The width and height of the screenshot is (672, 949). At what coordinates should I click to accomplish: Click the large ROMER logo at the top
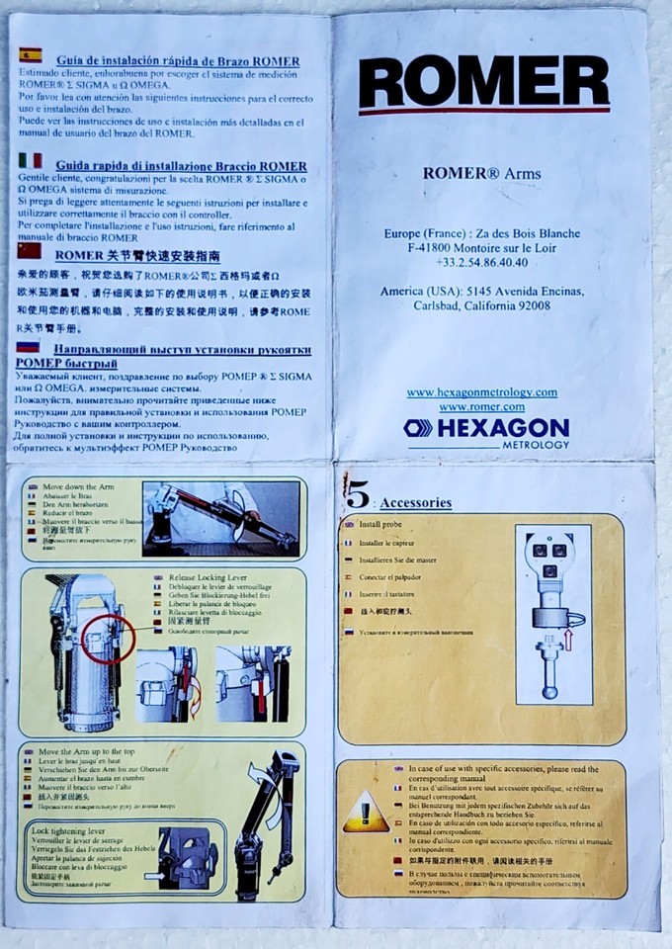tap(483, 83)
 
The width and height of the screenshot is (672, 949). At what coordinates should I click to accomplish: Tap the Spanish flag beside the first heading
tap(30, 55)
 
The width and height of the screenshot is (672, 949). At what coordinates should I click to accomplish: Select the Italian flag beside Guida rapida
tap(30, 160)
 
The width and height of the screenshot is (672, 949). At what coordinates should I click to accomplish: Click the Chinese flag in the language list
tap(30, 251)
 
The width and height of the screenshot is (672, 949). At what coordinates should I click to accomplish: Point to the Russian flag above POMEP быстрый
tap(29, 347)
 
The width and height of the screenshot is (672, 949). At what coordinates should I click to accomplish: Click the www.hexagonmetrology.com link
tap(481, 392)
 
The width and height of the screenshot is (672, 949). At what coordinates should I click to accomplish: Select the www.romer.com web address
tap(481, 406)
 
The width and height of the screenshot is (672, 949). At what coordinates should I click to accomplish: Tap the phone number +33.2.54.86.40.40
tap(481, 262)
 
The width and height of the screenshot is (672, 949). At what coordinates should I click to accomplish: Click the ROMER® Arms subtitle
tap(481, 173)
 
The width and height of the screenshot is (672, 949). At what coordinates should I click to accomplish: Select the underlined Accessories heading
tap(416, 502)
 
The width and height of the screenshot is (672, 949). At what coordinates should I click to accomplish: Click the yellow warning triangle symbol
tap(366, 813)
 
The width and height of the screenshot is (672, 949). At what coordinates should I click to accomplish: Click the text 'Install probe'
tap(380, 524)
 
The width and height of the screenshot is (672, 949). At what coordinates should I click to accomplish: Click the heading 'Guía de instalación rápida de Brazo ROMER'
tap(178, 61)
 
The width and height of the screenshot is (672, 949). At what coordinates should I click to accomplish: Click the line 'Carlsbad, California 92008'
tap(481, 306)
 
